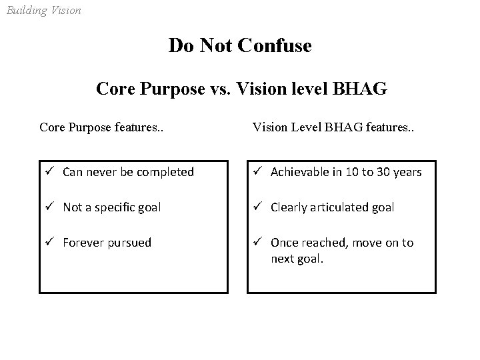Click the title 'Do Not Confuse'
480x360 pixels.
(240, 45)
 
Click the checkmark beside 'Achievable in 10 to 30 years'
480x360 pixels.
(258, 172)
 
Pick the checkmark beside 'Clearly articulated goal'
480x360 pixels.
(258, 207)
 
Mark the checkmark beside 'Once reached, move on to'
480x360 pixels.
(258, 243)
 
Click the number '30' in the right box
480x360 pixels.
(385, 173)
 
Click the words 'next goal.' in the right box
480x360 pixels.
(297, 258)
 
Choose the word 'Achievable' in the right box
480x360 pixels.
(298, 173)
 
